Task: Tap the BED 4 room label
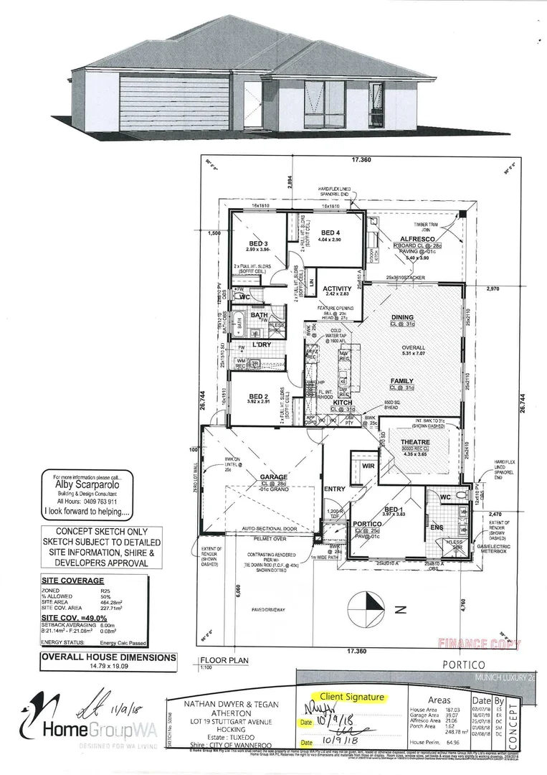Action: [330, 232]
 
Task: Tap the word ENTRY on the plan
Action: [335, 489]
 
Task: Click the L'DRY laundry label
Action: [262, 344]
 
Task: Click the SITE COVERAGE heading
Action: [72, 581]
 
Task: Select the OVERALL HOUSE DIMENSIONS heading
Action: [108, 657]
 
